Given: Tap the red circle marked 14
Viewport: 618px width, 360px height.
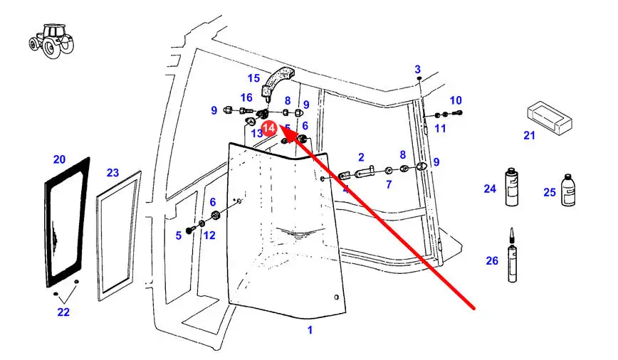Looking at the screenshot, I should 269,128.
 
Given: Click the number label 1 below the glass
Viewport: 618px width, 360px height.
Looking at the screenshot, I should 310,329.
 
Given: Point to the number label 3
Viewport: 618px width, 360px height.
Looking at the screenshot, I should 418,69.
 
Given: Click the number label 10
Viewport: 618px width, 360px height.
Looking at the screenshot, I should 456,100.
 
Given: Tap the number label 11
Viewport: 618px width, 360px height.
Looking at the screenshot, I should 440,128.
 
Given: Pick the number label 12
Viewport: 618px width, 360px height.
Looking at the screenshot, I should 209,235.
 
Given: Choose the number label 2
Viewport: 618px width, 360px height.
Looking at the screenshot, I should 361,157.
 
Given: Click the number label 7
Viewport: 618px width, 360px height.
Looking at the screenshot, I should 389,185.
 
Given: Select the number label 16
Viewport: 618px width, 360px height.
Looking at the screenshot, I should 246,97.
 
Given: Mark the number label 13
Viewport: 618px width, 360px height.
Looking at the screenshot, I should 256,134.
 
